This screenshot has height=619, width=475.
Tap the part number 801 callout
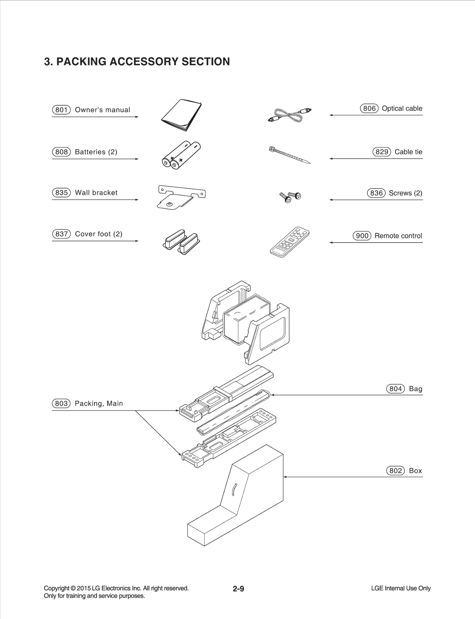[61, 110]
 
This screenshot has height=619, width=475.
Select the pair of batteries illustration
[181, 155]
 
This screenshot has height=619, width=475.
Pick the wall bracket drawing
[181, 197]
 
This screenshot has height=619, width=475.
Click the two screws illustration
[290, 197]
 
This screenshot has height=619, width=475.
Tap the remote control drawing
[289, 242]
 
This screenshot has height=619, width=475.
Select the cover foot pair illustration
[182, 242]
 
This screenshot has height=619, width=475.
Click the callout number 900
[362, 236]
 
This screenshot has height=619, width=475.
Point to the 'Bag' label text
[415, 389]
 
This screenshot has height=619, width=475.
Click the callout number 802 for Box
[395, 471]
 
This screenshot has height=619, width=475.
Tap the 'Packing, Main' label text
[99, 403]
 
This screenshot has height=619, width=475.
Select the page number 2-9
[238, 589]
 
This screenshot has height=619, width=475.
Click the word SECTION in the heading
[205, 61]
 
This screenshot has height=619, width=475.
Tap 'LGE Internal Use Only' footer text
[400, 588]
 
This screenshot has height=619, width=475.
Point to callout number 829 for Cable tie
[382, 152]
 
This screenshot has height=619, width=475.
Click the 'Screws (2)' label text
[405, 193]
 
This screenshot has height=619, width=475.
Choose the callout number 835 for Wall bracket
[61, 193]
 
